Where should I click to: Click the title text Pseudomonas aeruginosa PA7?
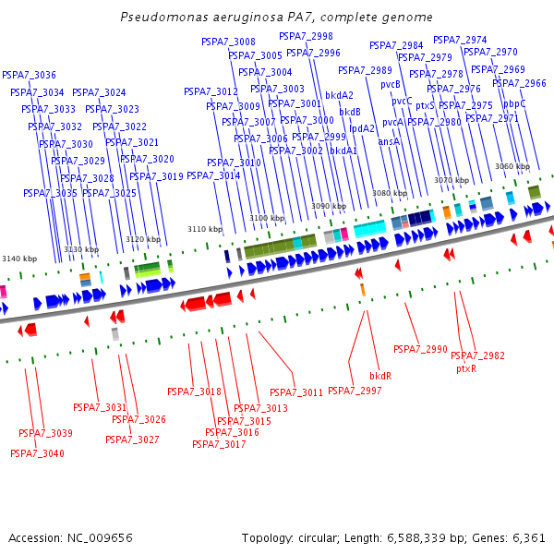pos(275,18)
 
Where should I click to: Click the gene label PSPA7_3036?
pos(29,75)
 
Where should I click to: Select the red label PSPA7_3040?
pos(37,453)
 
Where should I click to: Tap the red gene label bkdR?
pos(380,376)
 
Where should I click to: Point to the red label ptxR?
pos(466,368)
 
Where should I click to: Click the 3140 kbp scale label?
pos(19,259)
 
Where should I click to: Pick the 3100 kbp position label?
pos(266,218)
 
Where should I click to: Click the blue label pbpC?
pos(514,103)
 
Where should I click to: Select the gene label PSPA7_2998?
pos(306,36)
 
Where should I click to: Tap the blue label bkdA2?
pos(340,95)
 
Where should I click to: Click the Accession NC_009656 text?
pos(71,537)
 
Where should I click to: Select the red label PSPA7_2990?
pos(420,349)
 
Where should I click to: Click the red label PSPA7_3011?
pos(296,392)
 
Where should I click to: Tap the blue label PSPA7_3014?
pos(213,175)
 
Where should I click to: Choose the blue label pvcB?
pos(391,84)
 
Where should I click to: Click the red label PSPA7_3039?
pos(45,433)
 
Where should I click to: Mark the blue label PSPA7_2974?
pos(460,40)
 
